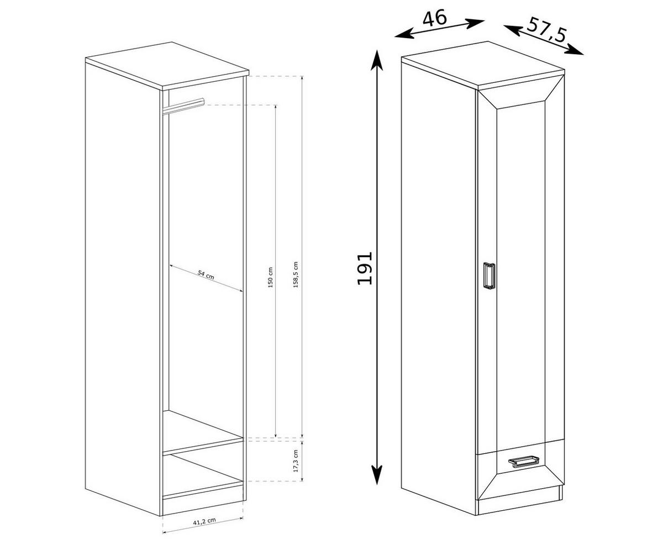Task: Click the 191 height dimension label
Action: click(x=365, y=268)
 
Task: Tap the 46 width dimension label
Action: click(x=434, y=18)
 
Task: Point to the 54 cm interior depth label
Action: click(x=206, y=276)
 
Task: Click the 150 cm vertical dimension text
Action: click(x=270, y=278)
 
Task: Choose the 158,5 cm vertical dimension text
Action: click(x=296, y=274)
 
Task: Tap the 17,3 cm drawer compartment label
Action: click(x=296, y=461)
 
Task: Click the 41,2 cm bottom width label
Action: click(x=203, y=521)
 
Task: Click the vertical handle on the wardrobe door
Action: click(x=488, y=275)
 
